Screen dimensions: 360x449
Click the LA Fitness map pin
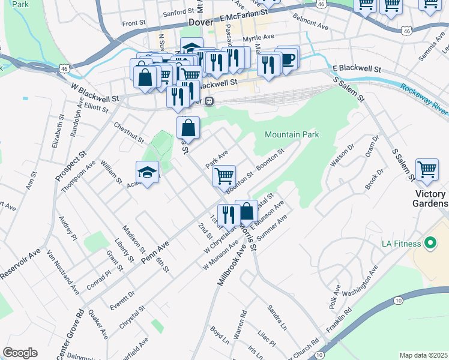(430, 244)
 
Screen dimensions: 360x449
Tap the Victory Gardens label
(431, 199)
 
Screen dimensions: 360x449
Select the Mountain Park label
(291, 135)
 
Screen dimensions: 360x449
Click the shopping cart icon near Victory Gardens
(427, 169)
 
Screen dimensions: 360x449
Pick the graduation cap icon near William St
(148, 173)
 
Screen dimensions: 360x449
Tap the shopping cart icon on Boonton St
(224, 175)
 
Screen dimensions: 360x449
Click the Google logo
(20, 353)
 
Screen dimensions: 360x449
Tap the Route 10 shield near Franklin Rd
(397, 299)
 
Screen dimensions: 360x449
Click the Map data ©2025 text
(423, 355)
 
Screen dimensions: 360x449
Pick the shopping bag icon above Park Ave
(188, 127)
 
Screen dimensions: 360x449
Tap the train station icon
(209, 100)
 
